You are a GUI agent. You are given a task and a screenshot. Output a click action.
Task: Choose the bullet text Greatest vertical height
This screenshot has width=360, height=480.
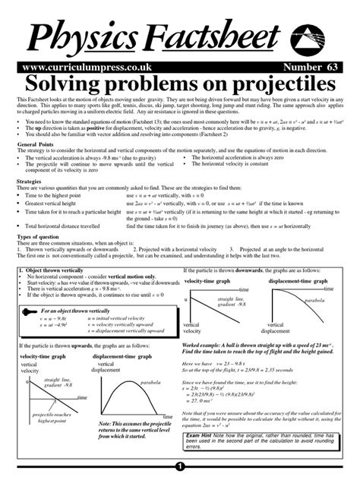(x=57, y=204)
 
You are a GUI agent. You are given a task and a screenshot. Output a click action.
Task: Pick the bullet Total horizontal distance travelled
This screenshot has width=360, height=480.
(x=68, y=226)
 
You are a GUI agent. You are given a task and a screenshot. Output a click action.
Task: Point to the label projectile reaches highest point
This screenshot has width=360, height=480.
(x=49, y=416)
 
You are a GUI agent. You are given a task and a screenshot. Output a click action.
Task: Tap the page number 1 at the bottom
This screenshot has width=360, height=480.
(x=180, y=466)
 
